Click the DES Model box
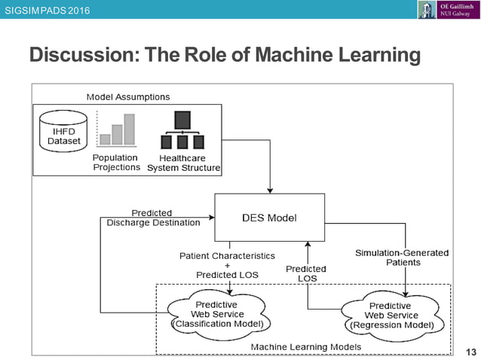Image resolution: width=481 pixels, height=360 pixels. click(x=269, y=218)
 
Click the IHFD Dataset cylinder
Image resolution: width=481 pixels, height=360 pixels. click(x=63, y=134)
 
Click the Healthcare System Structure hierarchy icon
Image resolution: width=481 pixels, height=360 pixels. click(x=182, y=130)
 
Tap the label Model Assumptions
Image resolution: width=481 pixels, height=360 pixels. click(x=128, y=96)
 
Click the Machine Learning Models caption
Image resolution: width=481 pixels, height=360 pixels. click(x=305, y=346)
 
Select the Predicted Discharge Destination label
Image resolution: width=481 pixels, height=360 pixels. click(x=153, y=218)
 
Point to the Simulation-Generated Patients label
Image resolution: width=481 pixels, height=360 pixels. click(x=401, y=258)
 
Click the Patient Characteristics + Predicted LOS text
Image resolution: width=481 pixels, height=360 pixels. click(x=227, y=265)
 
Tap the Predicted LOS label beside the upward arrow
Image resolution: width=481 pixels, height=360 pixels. click(x=306, y=273)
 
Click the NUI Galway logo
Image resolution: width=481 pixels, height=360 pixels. click(x=447, y=10)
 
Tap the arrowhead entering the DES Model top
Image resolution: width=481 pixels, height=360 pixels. click(x=269, y=189)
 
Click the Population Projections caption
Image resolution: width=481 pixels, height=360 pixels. click(x=116, y=162)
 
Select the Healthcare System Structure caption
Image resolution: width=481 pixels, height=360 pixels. click(x=183, y=163)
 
